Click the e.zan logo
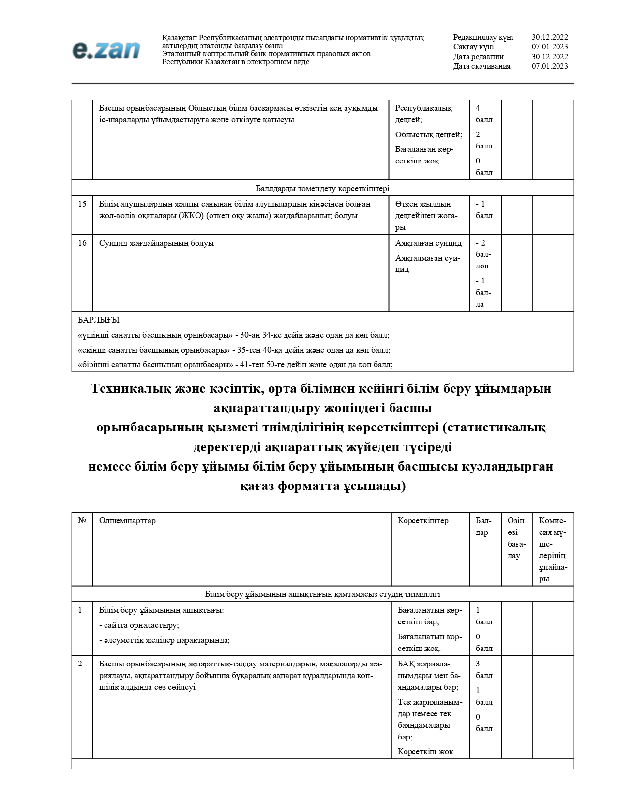click(106, 50)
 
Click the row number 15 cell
click(82, 204)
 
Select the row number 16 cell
click(82, 243)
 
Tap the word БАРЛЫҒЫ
click(98, 320)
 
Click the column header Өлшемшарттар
click(127, 521)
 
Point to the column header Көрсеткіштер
click(423, 521)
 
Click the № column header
click(82, 521)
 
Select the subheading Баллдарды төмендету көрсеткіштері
click(322, 189)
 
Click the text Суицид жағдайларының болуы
click(156, 243)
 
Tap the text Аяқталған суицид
click(428, 243)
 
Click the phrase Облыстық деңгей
click(428, 135)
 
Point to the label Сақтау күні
click(473, 47)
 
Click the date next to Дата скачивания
click(550, 66)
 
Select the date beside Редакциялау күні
click(550, 37)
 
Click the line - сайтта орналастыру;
click(139, 625)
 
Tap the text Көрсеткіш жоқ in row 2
click(425, 752)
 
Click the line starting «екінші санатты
click(234, 350)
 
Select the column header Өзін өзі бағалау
click(516, 538)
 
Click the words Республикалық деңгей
click(423, 114)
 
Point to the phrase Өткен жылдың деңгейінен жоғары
click(426, 216)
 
